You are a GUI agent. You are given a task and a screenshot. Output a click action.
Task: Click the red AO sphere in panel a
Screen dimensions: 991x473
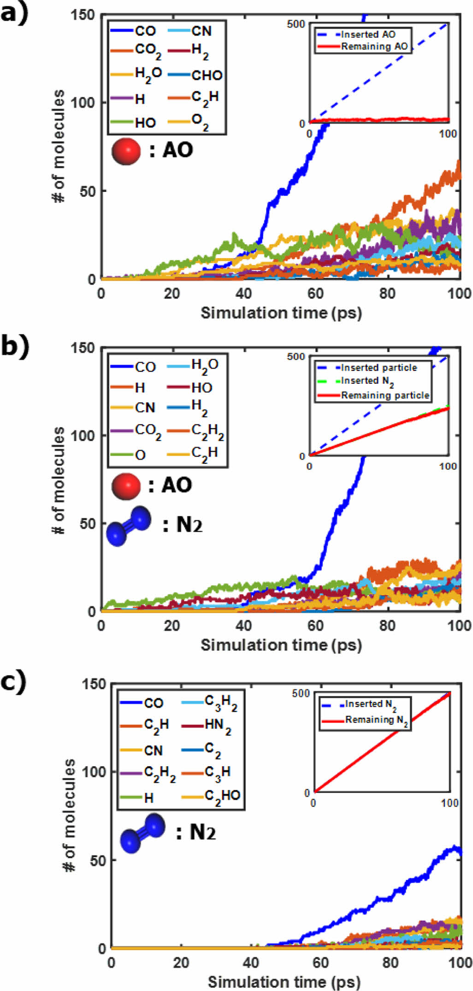coord(126,151)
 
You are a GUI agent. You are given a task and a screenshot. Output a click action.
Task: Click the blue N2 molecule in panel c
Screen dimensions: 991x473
coord(142,833)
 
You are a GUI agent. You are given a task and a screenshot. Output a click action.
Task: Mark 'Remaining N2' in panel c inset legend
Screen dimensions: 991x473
coord(376,720)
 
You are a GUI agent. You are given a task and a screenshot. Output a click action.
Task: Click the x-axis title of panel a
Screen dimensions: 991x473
coord(281,313)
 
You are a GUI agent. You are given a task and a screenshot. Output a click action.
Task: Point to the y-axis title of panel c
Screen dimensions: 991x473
coord(69,815)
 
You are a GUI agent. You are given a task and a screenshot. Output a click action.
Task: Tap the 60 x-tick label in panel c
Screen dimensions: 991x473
coord(320,962)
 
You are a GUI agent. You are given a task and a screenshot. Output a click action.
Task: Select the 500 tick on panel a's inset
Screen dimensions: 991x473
coord(296,24)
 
